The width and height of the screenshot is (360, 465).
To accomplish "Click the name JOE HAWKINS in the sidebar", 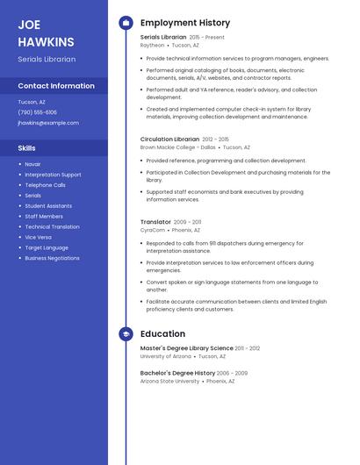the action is [x=46, y=32].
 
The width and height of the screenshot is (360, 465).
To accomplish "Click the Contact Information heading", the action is [x=56, y=86].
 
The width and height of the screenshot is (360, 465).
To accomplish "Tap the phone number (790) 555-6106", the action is [x=37, y=112].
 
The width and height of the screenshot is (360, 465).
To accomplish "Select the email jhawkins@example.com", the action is [x=48, y=123].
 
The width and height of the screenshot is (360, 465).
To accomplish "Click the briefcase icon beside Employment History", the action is [x=126, y=23].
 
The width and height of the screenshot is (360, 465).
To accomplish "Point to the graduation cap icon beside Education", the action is [x=126, y=334].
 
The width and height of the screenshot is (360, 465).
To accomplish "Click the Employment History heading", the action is [x=185, y=23].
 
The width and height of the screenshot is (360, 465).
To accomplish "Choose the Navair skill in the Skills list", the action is [x=32, y=164].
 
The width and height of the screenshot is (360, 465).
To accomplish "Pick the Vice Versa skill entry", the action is [x=38, y=237].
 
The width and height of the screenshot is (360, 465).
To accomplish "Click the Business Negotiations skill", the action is [x=52, y=258].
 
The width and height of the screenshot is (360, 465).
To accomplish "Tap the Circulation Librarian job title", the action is [x=169, y=139].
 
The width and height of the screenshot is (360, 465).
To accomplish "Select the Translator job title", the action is [x=155, y=222].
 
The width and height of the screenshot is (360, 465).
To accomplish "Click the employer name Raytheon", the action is [x=152, y=45].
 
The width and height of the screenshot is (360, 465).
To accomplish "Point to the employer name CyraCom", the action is [x=153, y=230].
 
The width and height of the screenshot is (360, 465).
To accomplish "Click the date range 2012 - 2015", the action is [x=215, y=139].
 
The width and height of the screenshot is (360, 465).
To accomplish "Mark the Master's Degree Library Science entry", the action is [x=186, y=348].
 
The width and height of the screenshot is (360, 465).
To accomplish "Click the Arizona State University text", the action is [x=169, y=382].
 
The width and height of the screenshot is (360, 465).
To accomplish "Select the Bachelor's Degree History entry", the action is [x=177, y=373].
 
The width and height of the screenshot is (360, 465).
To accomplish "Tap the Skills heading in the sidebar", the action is [x=26, y=148].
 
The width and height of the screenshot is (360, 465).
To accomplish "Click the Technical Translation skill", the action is [x=52, y=226].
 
